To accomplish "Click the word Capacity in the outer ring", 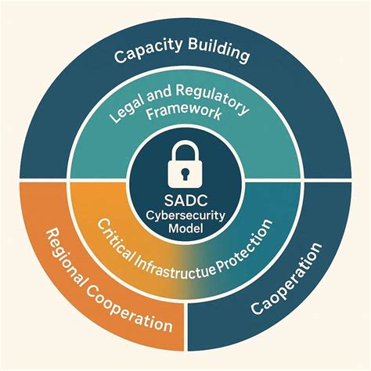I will (147, 56).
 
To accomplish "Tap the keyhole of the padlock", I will (185, 168).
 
